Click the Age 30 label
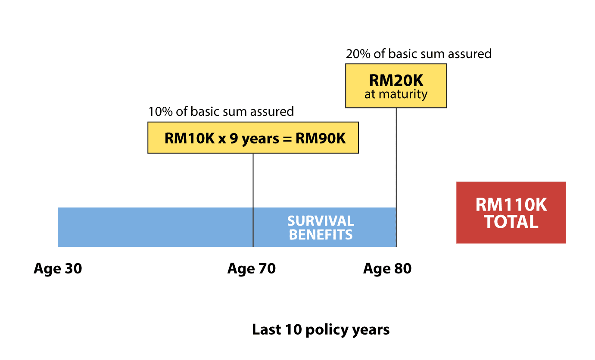tap(58, 269)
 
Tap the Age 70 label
tap(252, 269)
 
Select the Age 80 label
tap(387, 269)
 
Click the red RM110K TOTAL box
tap(511, 213)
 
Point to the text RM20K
tap(396, 81)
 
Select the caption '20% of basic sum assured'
tap(418, 54)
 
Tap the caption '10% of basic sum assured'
tap(221, 112)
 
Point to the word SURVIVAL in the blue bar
tap(321, 221)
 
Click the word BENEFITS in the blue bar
tap(321, 235)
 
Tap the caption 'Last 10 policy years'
tap(321, 330)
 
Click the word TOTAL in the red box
tap(511, 222)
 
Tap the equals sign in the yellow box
tap(287, 140)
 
